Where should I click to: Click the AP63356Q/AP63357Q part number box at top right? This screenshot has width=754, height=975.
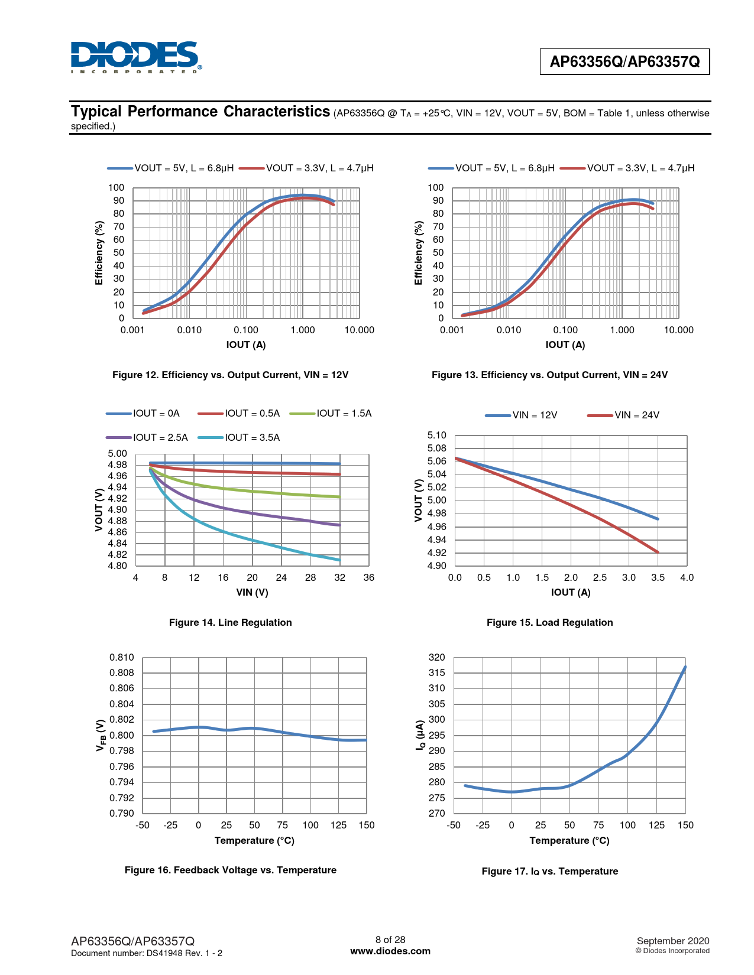click(624, 61)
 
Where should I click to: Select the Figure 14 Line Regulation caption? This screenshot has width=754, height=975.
click(230, 622)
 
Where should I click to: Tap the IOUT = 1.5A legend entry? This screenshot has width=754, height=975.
click(331, 413)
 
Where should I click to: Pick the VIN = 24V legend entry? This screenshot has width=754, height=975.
click(623, 415)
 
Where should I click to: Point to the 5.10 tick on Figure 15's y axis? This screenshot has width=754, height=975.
click(436, 435)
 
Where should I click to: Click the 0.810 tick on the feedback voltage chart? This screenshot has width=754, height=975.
click(121, 657)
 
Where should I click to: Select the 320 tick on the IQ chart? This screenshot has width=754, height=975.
click(436, 657)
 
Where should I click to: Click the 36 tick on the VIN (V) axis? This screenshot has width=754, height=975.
click(368, 577)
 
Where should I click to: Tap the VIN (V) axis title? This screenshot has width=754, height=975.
click(252, 592)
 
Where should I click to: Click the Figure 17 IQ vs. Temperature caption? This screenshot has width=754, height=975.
click(549, 871)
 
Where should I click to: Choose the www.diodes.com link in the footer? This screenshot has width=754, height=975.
click(390, 951)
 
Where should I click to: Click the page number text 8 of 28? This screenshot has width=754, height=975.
click(390, 940)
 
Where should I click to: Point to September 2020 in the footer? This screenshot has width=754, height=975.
click(672, 941)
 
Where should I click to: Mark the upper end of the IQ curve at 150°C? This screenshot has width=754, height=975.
click(685, 667)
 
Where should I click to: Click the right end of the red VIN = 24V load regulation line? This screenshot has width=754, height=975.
click(658, 552)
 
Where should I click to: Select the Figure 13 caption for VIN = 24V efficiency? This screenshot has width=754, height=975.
click(549, 375)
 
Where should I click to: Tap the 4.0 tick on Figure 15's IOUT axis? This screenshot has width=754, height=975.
click(687, 577)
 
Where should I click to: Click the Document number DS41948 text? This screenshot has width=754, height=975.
click(147, 953)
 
